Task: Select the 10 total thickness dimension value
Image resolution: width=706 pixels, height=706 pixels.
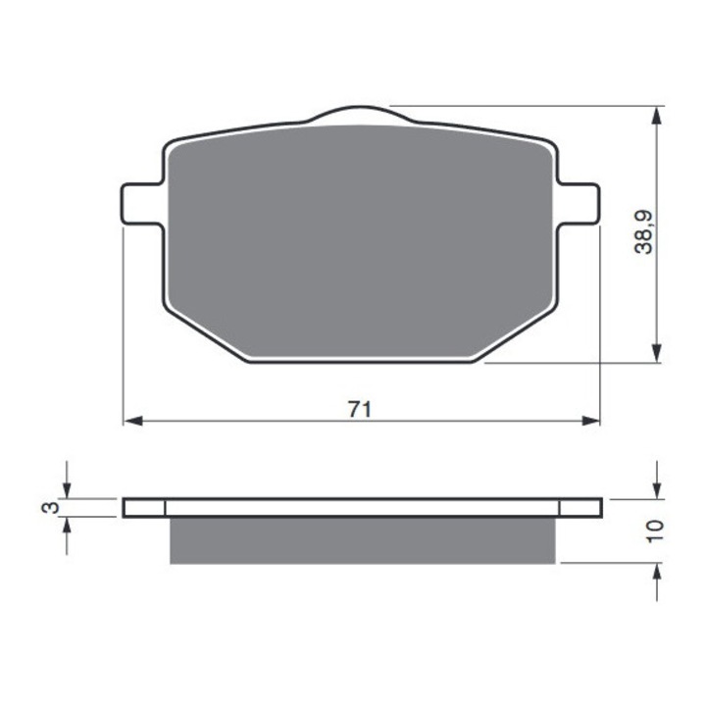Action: [x=656, y=531]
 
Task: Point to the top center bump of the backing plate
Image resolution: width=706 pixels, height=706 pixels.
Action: [x=359, y=114]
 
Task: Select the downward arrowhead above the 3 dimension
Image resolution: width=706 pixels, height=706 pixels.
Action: [x=66, y=489]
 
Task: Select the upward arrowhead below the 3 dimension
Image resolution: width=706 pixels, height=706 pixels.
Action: [x=66, y=526]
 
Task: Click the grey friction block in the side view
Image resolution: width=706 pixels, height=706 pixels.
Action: [x=364, y=540]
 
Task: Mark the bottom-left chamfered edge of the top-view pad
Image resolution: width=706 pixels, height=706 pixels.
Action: [x=201, y=333]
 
